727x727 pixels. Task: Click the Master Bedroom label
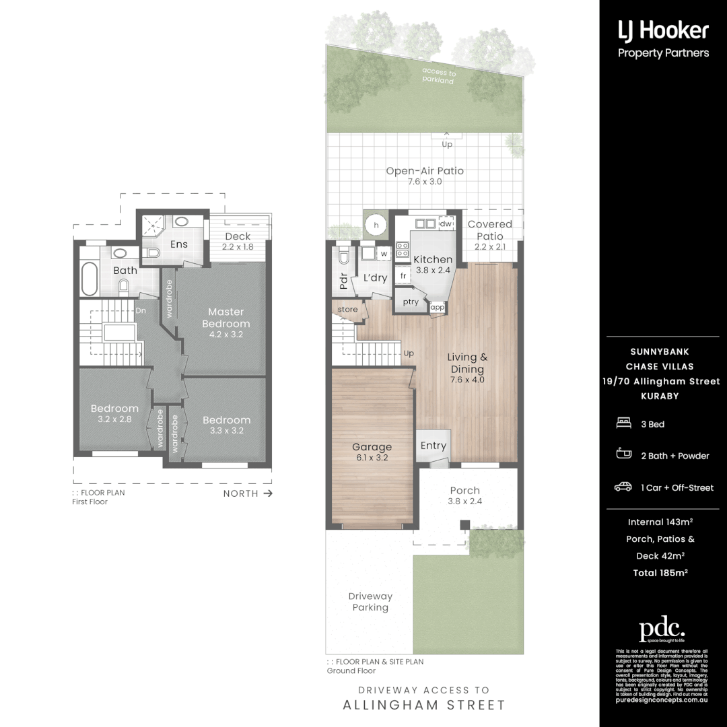coord(226,318)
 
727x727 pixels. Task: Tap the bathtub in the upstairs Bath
coord(90,279)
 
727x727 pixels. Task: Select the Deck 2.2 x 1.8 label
coord(237,241)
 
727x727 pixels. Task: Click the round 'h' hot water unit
coord(376,223)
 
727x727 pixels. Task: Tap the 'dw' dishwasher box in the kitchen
coord(446,223)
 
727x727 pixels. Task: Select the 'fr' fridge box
coord(403,275)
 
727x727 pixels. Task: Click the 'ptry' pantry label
coord(411,302)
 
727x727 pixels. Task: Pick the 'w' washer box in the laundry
coord(384,254)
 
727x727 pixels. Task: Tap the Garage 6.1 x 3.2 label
coord(372,452)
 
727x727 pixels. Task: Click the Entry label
coord(433,446)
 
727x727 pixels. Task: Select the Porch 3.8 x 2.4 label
coord(464,495)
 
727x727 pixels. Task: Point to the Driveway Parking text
coord(370,602)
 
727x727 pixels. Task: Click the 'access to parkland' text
coord(439,76)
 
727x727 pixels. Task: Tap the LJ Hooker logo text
coord(663,30)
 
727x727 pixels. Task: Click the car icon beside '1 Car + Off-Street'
coord(623,487)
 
